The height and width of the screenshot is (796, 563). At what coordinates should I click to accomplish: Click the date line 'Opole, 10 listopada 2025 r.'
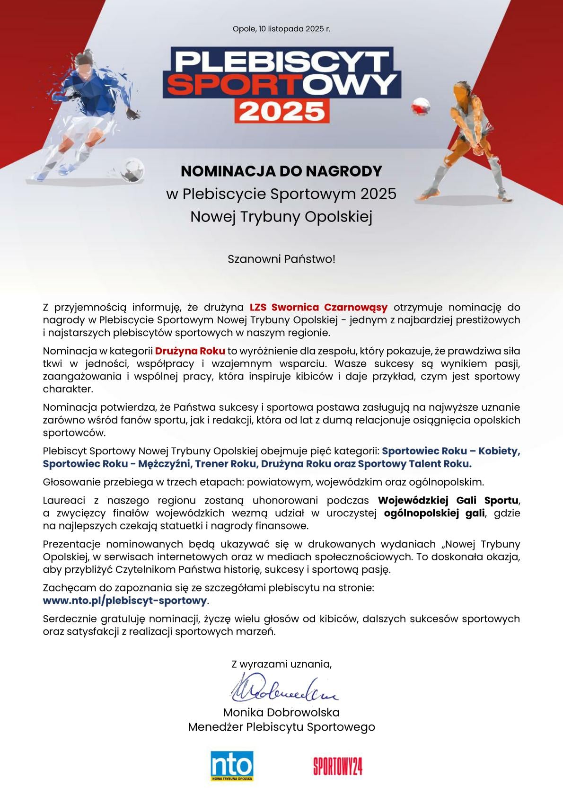pyautogui.click(x=281, y=29)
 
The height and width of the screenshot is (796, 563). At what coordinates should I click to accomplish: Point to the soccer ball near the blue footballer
pyautogui.click(x=132, y=169)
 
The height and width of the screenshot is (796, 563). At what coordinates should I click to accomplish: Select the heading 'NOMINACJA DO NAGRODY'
pyautogui.click(x=281, y=171)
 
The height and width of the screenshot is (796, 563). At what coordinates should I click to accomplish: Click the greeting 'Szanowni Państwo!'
pyautogui.click(x=281, y=259)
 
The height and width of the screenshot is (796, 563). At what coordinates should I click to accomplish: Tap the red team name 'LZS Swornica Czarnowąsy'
pyautogui.click(x=318, y=307)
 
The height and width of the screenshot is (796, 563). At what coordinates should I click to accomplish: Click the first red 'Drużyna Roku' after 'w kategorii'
pyautogui.click(x=190, y=351)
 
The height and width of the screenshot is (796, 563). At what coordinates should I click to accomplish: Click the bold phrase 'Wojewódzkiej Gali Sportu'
pyautogui.click(x=449, y=500)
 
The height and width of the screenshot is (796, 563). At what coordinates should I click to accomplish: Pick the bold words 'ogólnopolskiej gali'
pyautogui.click(x=434, y=513)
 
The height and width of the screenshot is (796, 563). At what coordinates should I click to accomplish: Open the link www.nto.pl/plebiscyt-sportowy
pyautogui.click(x=125, y=601)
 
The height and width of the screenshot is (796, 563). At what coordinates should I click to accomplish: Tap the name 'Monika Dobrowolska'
pyautogui.click(x=281, y=712)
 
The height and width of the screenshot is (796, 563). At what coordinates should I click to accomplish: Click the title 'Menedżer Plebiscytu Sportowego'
pyautogui.click(x=281, y=727)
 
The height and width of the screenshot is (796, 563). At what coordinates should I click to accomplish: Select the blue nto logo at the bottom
pyautogui.click(x=232, y=765)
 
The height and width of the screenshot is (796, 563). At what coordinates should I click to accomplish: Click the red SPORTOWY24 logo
pyautogui.click(x=337, y=766)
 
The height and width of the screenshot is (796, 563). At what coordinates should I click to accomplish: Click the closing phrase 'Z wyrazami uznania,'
pyautogui.click(x=281, y=664)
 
